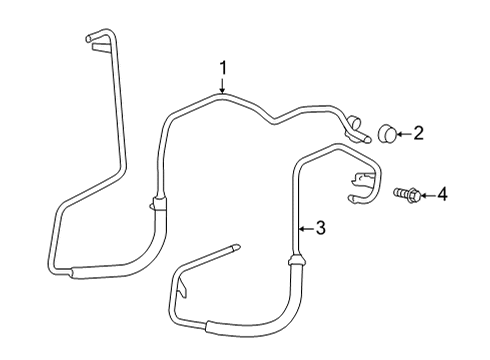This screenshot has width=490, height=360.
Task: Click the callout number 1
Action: click(224, 68)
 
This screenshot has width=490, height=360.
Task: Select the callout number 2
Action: click(419, 131)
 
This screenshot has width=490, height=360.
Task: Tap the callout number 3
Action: click(320, 229)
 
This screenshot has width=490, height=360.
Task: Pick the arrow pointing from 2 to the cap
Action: click(404, 131)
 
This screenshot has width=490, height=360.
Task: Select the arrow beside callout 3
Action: click(305, 230)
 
